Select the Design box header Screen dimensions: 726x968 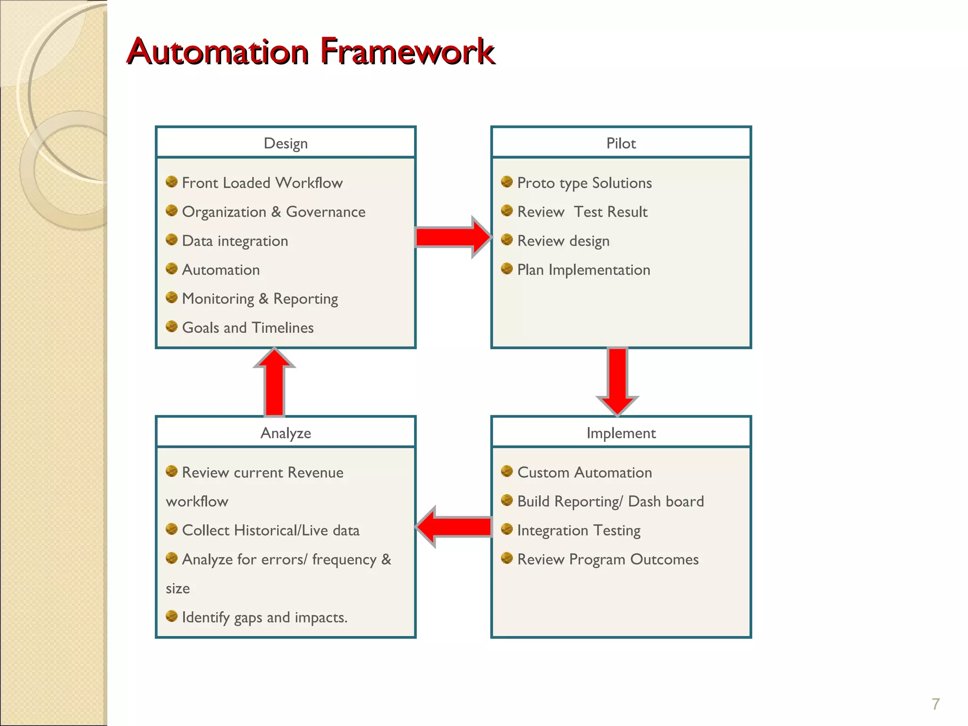pos(285,143)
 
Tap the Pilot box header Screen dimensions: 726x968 pos(621,143)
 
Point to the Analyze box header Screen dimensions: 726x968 pos(285,432)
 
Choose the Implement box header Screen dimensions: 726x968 pos(621,432)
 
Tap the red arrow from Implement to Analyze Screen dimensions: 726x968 pos(454,527)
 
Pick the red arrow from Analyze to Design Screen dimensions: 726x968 pos(275,383)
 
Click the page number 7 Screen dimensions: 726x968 pos(935,704)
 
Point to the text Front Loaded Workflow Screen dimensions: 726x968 pos(262,183)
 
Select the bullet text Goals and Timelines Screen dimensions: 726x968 pos(248,328)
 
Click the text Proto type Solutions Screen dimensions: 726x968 pos(584,183)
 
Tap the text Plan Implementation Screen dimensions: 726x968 pos(584,270)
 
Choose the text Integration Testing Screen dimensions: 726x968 pos(579,530)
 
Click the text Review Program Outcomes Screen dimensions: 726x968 pos(608,559)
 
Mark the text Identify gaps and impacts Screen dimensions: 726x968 pos(265,617)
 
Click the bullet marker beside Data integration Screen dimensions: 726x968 pos(172,240)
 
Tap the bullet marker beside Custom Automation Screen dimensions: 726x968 pos(507,471)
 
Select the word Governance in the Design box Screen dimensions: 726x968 pos(326,212)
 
